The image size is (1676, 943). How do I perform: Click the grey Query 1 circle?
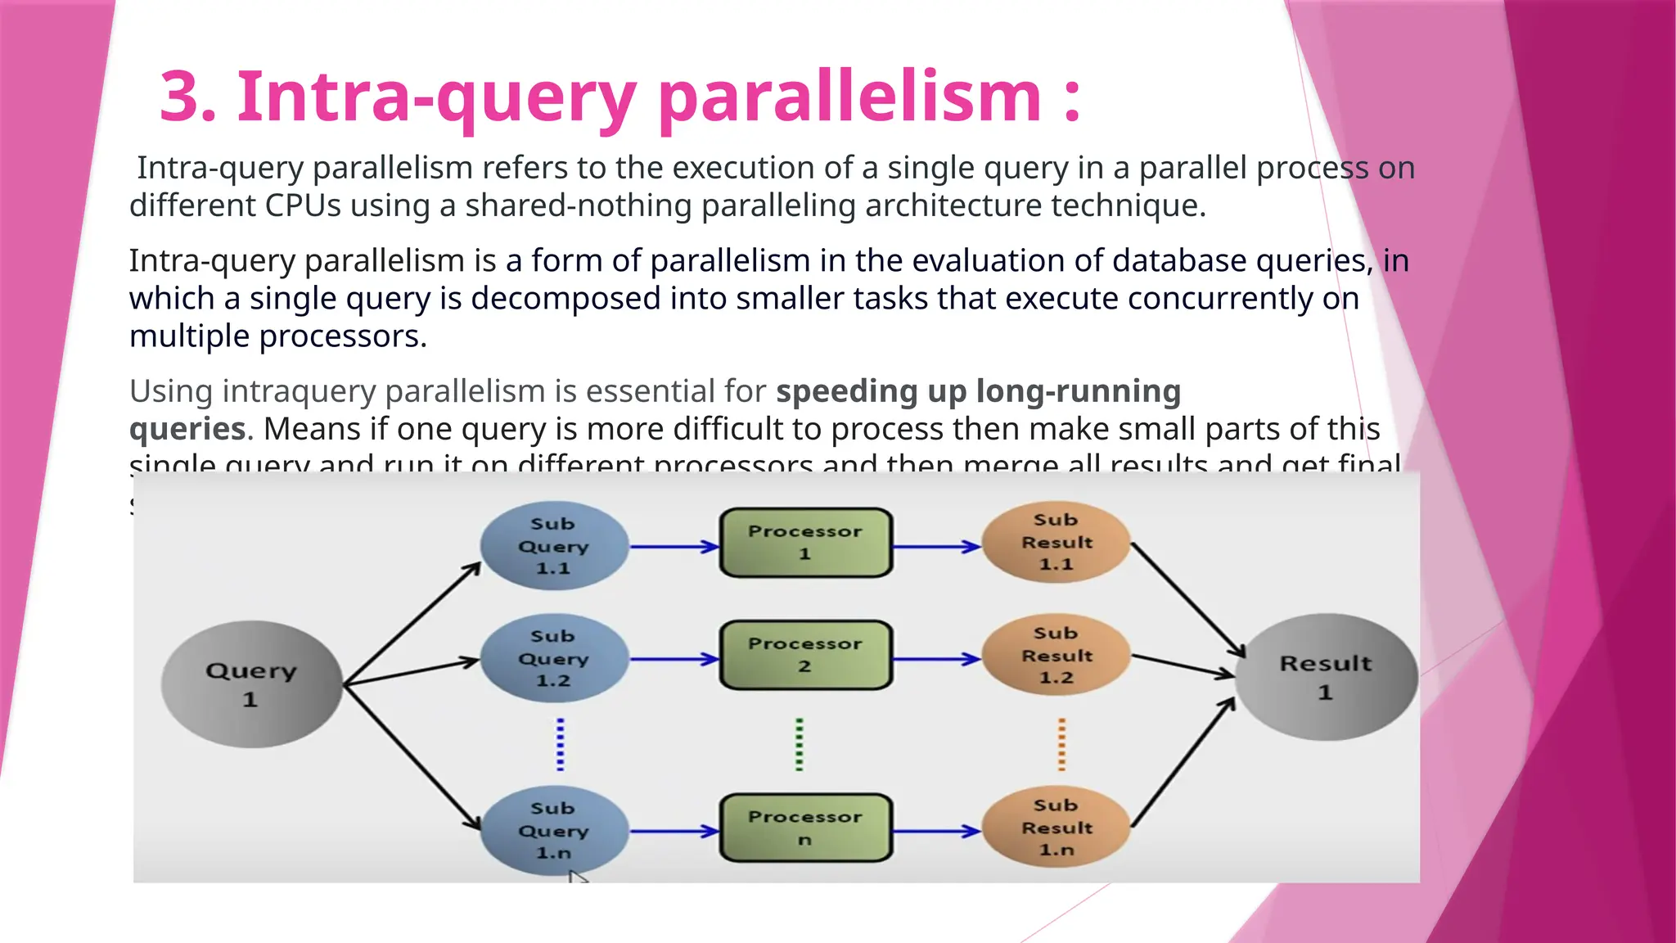(251, 684)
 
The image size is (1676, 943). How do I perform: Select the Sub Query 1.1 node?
(554, 546)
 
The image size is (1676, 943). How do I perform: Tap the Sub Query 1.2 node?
(554, 659)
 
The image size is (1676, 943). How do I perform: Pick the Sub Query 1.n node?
(554, 831)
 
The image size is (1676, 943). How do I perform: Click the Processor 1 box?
(805, 543)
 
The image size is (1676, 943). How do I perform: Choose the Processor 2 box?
(805, 655)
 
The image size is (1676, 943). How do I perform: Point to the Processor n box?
(805, 828)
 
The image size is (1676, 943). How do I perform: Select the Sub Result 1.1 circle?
(1056, 542)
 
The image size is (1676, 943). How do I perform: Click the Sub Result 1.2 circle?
(1056, 656)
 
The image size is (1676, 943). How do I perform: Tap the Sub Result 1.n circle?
(1056, 828)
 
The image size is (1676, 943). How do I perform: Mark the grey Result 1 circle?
(1326, 678)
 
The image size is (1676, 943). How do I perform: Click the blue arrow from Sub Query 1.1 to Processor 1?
(674, 547)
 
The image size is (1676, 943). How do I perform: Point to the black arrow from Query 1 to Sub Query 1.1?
(412, 624)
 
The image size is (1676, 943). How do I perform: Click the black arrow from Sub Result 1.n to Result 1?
(1183, 762)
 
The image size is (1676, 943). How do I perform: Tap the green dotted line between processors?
(800, 745)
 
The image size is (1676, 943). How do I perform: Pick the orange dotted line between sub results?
(1061, 745)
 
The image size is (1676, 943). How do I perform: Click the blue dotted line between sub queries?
(560, 745)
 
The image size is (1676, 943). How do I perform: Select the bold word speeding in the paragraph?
(846, 391)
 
